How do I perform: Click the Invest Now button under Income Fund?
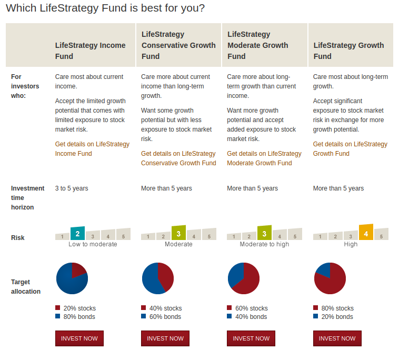tap(79, 338)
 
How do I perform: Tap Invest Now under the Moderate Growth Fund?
tap(251, 338)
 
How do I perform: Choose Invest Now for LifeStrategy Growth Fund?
tap(337, 338)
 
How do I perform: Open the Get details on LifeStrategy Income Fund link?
tap(92, 149)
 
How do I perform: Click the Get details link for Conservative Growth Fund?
tap(178, 158)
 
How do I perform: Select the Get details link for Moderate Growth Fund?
tap(264, 158)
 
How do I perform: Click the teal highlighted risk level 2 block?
tap(77, 233)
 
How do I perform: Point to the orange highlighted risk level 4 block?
tap(366, 232)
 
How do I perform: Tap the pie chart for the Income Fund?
tap(72, 278)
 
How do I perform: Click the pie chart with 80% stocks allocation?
tap(330, 278)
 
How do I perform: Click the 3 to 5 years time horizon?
tap(72, 188)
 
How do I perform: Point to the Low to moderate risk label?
tap(93, 244)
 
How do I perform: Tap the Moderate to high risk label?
tap(264, 244)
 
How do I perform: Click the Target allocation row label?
tap(26, 287)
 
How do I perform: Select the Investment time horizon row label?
tap(28, 198)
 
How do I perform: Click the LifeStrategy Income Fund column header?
tap(91, 51)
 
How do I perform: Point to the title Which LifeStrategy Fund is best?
tap(105, 8)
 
